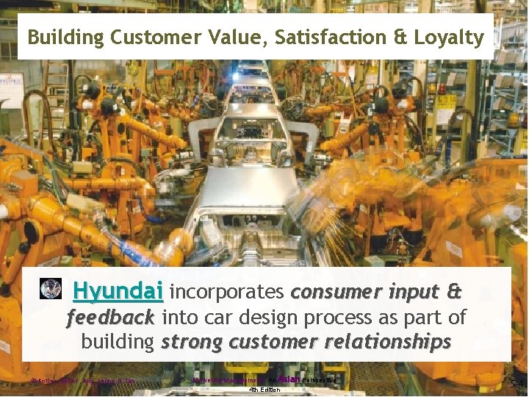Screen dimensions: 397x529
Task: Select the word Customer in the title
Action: (145, 37)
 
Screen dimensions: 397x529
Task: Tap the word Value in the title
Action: (217, 37)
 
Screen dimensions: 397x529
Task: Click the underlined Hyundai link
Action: (118, 291)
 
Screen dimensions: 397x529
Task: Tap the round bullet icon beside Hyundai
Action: (50, 289)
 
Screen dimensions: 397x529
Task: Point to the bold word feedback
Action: (110, 318)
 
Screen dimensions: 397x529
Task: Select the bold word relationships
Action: (379, 343)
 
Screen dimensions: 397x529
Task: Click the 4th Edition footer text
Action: (264, 389)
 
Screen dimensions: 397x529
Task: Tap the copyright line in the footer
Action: (84, 381)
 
